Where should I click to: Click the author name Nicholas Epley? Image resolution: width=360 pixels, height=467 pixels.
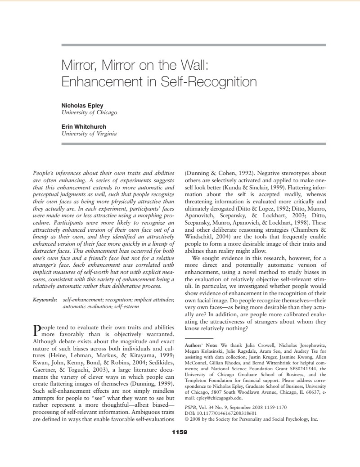tap(82, 106)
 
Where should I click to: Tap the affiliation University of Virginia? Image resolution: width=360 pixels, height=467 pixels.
tap(89, 134)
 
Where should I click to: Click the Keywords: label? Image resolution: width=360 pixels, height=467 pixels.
tap(45, 299)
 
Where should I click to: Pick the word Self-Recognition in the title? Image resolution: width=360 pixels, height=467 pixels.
tap(208, 82)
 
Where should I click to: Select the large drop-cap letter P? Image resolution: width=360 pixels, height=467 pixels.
tap(37, 330)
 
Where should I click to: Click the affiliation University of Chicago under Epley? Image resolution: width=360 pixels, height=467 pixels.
tap(89, 112)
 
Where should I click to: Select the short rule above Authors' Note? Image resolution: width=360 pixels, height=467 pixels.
tap(199, 337)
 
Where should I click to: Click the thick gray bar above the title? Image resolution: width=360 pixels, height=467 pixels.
tap(193, 45)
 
